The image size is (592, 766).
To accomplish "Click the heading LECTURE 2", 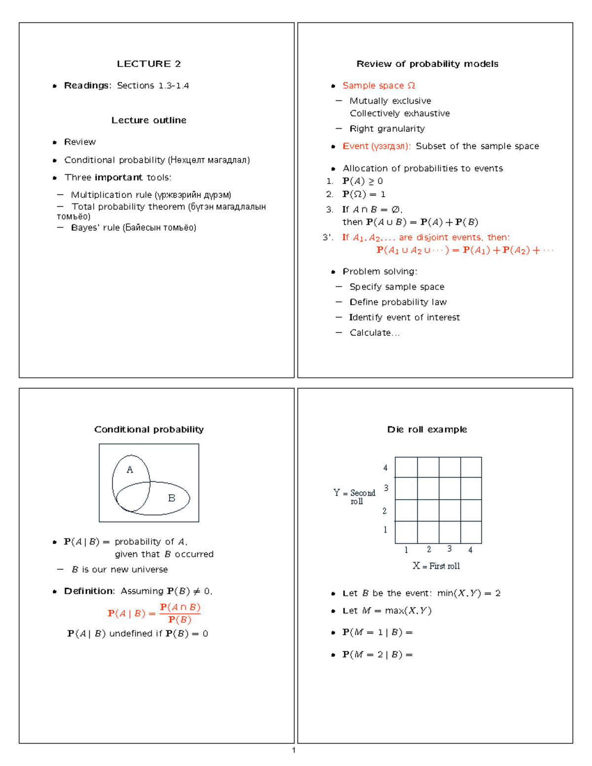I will pos(148,64).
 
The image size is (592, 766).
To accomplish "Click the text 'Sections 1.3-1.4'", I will pos(153,86).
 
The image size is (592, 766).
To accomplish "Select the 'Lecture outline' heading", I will pos(148,120).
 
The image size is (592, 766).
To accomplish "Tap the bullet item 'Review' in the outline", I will pos(80,142).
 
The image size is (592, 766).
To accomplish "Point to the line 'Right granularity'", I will pos(387,129).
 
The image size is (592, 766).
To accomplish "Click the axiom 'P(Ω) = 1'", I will pos(364,194).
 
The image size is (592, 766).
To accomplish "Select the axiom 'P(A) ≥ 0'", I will pos(363,181).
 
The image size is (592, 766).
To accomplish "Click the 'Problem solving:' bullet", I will pos(380,271).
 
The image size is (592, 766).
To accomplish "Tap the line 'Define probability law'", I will pos(398,302).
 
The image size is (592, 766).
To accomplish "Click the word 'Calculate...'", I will pos(374,333).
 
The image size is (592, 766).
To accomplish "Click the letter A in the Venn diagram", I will pos(130,470).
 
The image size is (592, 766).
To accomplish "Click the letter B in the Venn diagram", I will pos(172,498).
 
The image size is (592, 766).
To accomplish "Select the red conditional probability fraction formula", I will pos(154,613).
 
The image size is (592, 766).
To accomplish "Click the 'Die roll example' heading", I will pos(427,430).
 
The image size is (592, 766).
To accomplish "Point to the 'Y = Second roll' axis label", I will pos(354,497).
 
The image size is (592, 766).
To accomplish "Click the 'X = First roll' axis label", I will pos(436,566).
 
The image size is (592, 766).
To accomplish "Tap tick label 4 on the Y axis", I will pos(385,468).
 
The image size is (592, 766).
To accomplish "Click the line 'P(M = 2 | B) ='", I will pos(377,655).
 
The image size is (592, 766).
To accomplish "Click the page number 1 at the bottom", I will pos(294,750).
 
